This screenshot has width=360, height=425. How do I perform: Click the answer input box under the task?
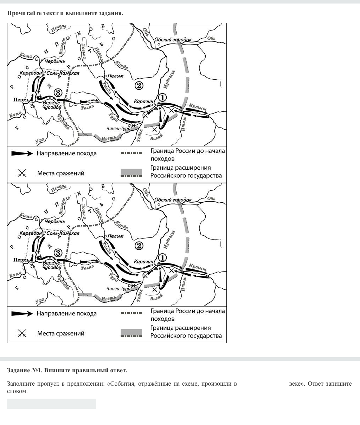pos(51,404)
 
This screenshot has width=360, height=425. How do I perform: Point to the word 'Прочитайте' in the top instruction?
pos(22,13)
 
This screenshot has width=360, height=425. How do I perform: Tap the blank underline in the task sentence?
pos(263,384)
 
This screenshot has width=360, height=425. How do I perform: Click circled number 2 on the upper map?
pos(139,85)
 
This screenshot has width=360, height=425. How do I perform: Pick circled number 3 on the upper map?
pos(58,93)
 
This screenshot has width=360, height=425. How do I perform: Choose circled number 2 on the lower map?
pos(139,246)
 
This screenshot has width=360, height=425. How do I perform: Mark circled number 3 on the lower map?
pos(58,253)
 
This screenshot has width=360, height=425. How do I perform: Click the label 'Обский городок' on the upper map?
pos(173,40)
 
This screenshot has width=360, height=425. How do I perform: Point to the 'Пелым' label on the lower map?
pos(116,236)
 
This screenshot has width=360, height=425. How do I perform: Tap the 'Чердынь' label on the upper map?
pos(55,61)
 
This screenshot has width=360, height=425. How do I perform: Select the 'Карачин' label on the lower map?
pos(143,262)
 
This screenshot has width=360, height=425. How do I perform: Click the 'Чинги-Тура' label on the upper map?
pos(118,128)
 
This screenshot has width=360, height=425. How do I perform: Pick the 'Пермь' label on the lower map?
pos(21,260)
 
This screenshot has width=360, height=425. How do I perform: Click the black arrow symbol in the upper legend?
pos(22,153)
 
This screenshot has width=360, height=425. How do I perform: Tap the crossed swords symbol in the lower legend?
pos(22,333)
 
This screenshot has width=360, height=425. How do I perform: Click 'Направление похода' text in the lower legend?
pos(66,314)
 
